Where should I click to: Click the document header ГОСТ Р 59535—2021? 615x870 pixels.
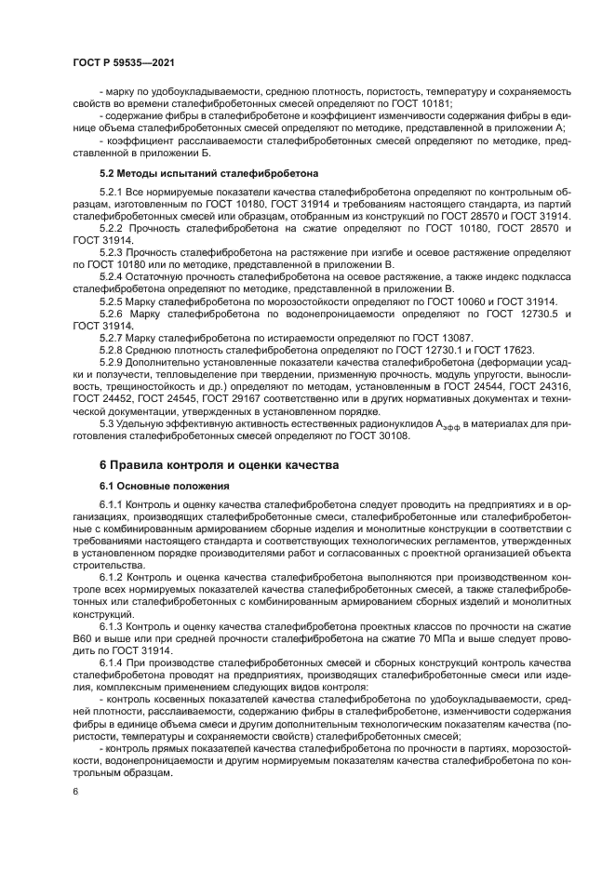coord(124,62)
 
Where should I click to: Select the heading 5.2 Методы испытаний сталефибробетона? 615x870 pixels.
coord(208,173)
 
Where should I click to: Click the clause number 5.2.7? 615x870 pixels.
coord(113,337)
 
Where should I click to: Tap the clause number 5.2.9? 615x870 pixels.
coord(113,361)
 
